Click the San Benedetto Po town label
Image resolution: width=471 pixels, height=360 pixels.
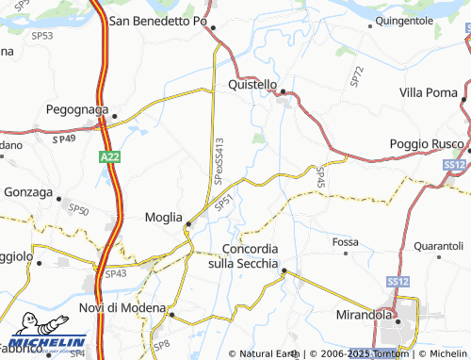(158, 20)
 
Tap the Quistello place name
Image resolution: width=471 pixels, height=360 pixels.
(252, 84)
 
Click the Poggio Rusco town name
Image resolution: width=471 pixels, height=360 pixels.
(427, 143)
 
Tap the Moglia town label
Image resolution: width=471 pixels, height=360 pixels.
(163, 217)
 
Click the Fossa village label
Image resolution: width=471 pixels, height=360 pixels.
(345, 242)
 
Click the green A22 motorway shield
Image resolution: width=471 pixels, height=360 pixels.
(107, 161)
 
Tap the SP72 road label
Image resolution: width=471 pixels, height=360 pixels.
(356, 77)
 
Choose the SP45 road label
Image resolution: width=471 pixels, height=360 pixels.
(321, 175)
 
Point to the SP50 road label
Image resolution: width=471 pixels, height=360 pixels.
(79, 210)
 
